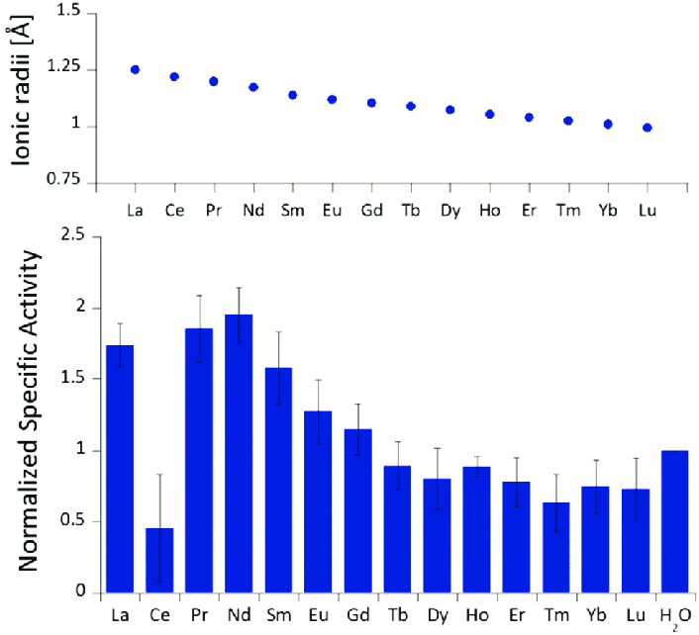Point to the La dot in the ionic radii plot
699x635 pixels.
pyautogui.click(x=135, y=69)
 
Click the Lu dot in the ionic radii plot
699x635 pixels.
pyautogui.click(x=648, y=128)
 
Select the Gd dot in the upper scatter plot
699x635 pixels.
pyautogui.click(x=371, y=102)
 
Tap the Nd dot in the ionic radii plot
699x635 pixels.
pyautogui.click(x=253, y=87)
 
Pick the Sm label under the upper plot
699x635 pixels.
pyautogui.click(x=292, y=212)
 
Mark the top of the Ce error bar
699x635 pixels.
pyautogui.click(x=159, y=475)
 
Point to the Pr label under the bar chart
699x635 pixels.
pyautogui.click(x=199, y=613)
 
